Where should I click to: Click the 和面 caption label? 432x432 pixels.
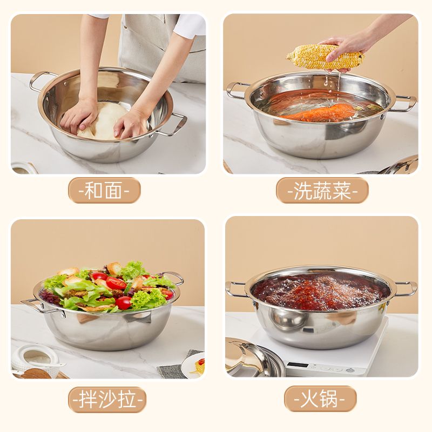(104, 191)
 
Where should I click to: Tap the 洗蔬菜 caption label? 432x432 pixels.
(322, 191)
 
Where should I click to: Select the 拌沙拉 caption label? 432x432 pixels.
(107, 400)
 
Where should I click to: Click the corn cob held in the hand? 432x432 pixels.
(325, 57)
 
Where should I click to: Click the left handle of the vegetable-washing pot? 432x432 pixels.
(234, 90)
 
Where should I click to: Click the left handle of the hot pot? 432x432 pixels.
(234, 289)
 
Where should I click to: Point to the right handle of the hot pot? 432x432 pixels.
(405, 289)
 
